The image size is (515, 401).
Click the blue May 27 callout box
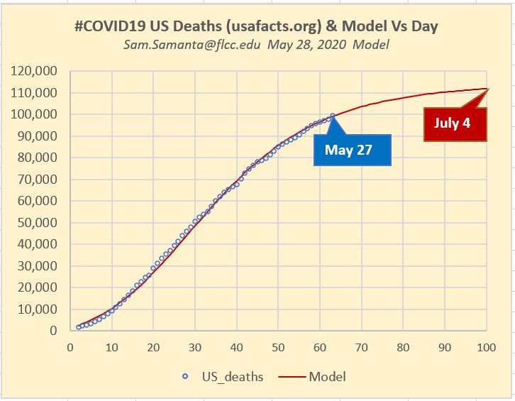click(x=353, y=150)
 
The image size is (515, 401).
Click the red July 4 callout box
click(x=452, y=123)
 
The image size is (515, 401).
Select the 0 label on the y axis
click(x=53, y=331)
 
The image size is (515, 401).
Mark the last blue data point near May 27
click(x=332, y=116)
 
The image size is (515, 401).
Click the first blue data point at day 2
click(x=78, y=327)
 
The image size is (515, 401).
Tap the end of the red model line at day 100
click(x=486, y=89)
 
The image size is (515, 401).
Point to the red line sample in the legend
click(x=293, y=377)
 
